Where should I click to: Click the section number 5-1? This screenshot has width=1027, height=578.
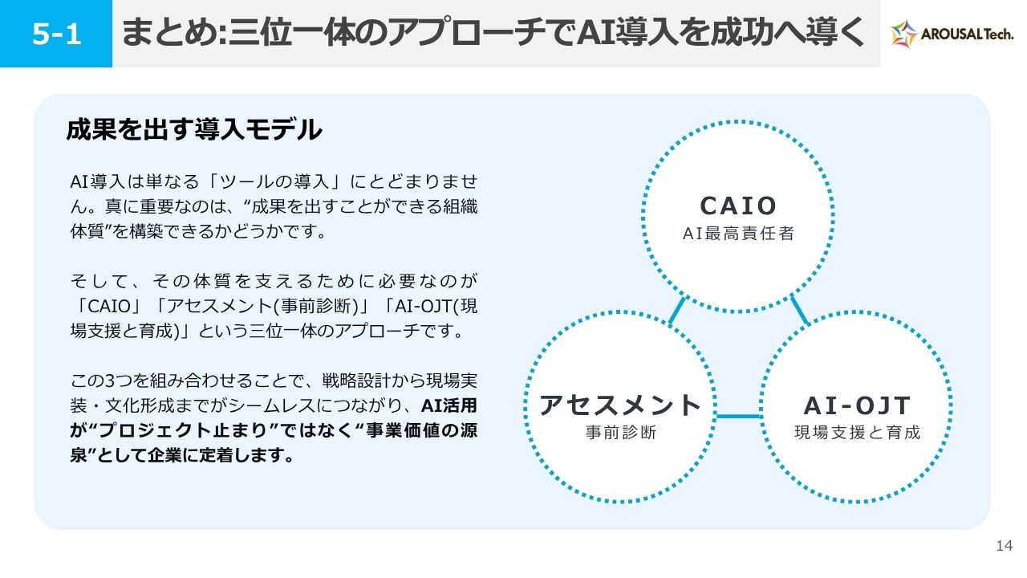pos(56,34)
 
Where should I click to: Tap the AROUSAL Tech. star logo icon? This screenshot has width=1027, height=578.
pos(903,34)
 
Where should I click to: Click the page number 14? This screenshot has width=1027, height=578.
pos(1004,545)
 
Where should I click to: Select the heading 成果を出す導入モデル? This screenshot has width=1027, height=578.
pos(194,129)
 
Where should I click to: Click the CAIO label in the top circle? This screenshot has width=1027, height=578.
pos(738,206)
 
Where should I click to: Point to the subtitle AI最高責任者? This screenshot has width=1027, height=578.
pos(738,233)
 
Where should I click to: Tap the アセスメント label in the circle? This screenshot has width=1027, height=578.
pos(620,405)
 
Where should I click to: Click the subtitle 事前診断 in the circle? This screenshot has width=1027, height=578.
pos(621,432)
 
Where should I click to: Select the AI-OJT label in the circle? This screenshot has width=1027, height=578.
pos(857,405)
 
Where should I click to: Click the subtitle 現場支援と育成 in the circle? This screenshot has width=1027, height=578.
pos(858,432)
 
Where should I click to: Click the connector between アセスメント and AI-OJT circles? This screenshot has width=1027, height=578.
pos(737,417)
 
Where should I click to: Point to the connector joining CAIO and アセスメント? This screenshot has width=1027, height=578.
pos(676,311)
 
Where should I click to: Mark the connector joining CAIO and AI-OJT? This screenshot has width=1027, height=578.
pos(799,310)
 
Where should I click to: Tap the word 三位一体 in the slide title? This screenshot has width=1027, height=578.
pos(291,33)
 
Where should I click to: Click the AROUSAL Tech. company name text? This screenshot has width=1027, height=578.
pos(967,34)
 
